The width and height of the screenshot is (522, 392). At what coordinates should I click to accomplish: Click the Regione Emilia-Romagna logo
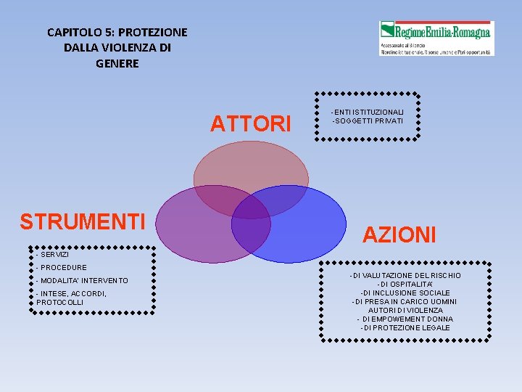(436, 38)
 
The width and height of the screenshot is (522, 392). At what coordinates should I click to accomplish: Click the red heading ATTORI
(250, 124)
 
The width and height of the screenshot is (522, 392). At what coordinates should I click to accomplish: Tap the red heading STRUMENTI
(83, 221)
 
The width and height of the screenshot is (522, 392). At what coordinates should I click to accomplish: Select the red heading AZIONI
(399, 234)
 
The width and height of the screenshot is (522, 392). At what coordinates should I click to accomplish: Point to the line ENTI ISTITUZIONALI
(368, 111)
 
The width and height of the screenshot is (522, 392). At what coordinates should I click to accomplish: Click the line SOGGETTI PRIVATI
(368, 120)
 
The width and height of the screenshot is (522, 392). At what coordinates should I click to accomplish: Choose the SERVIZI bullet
(53, 255)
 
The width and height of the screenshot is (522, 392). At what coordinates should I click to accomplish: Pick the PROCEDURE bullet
(62, 268)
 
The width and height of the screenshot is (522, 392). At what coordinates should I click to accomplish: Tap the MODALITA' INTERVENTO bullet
(82, 280)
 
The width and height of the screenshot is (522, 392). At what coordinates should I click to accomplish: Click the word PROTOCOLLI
(60, 302)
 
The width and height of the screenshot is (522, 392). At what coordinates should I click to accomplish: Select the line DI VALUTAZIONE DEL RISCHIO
(405, 276)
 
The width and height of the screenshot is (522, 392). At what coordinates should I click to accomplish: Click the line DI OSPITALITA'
(405, 285)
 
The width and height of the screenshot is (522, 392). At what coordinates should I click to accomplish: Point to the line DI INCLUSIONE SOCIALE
(405, 293)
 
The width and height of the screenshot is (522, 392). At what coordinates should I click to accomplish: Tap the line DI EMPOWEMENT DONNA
(405, 319)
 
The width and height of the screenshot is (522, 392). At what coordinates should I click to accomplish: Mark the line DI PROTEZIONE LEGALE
(405, 328)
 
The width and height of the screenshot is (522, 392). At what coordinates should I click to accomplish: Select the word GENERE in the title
(117, 63)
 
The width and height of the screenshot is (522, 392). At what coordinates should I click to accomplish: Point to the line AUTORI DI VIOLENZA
(405, 311)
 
